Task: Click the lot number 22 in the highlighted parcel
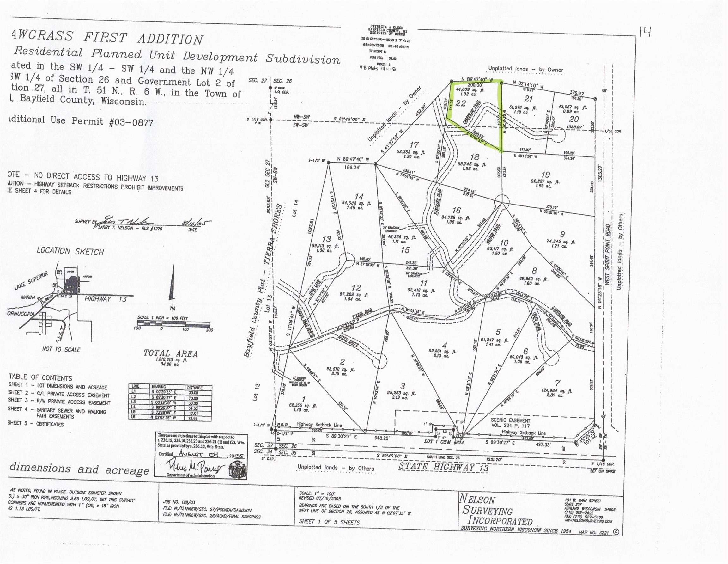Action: pyautogui.click(x=461, y=103)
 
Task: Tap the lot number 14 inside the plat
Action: pyautogui.click(x=359, y=197)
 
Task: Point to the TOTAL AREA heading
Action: pyautogui.click(x=171, y=353)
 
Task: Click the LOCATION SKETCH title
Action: pyautogui.click(x=70, y=251)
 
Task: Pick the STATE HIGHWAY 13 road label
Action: pyautogui.click(x=444, y=466)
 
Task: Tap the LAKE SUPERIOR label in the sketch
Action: pyautogui.click(x=32, y=281)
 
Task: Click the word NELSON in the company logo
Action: pyautogui.click(x=478, y=499)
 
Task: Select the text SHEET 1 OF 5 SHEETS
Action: pyautogui.click(x=329, y=522)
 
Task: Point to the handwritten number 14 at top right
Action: pyautogui.click(x=645, y=32)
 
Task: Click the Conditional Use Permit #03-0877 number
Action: pyautogui.click(x=131, y=122)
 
